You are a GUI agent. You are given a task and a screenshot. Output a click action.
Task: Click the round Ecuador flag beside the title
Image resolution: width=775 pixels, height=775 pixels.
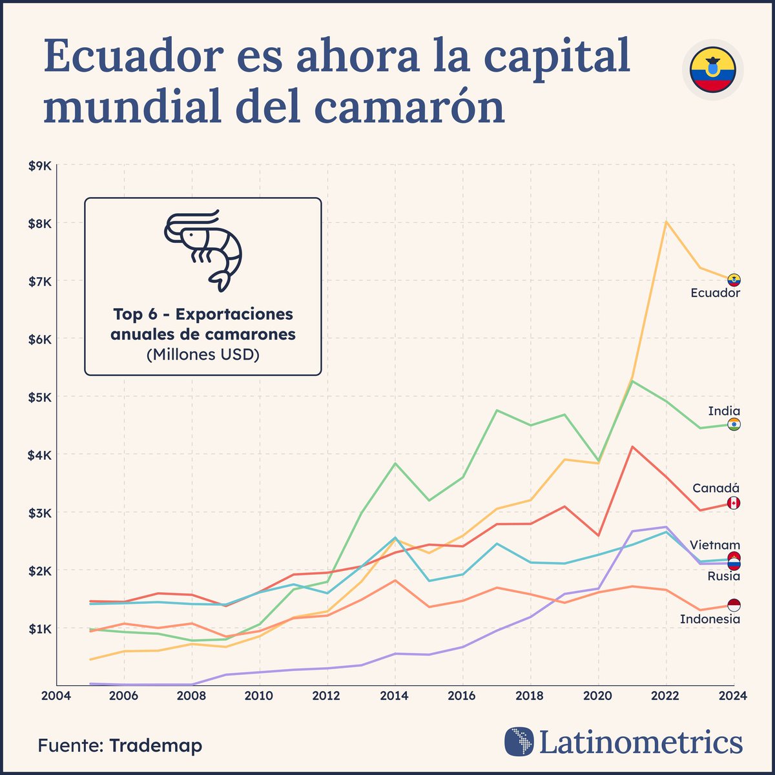712,70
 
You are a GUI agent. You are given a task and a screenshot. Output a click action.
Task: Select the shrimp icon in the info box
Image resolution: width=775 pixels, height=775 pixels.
203,249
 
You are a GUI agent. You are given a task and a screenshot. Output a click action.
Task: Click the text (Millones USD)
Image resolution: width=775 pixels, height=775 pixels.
203,355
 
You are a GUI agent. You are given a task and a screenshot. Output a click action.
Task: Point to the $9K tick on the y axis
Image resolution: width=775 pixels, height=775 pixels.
39,166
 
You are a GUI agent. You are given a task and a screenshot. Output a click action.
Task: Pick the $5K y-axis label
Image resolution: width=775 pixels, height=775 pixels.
39,397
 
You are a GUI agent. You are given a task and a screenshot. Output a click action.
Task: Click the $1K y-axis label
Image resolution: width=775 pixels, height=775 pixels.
39,628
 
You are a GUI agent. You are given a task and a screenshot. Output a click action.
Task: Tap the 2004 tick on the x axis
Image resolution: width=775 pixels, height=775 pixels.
56,696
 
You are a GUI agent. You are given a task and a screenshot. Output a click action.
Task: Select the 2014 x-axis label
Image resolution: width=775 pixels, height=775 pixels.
394,696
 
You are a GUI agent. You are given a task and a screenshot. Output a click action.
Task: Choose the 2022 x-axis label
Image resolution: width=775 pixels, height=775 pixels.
665,696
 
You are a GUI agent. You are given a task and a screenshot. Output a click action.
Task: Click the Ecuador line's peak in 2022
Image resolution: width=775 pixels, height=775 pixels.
666,222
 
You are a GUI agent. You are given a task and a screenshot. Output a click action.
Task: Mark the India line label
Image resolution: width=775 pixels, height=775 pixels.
724,411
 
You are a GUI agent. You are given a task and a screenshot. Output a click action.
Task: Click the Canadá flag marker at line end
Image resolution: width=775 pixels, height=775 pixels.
734,503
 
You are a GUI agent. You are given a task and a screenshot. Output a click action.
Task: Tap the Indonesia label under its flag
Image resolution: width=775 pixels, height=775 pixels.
710,619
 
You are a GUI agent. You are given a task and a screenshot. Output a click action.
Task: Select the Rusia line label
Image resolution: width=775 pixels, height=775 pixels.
723,576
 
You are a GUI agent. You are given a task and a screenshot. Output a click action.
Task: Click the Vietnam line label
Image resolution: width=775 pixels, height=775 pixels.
715,545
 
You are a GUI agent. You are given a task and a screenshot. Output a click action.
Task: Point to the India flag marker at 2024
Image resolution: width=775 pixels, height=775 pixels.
734,424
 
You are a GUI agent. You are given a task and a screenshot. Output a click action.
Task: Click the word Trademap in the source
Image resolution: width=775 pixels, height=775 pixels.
156,745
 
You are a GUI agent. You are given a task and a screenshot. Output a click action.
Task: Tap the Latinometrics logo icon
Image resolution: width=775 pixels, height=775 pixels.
519,741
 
